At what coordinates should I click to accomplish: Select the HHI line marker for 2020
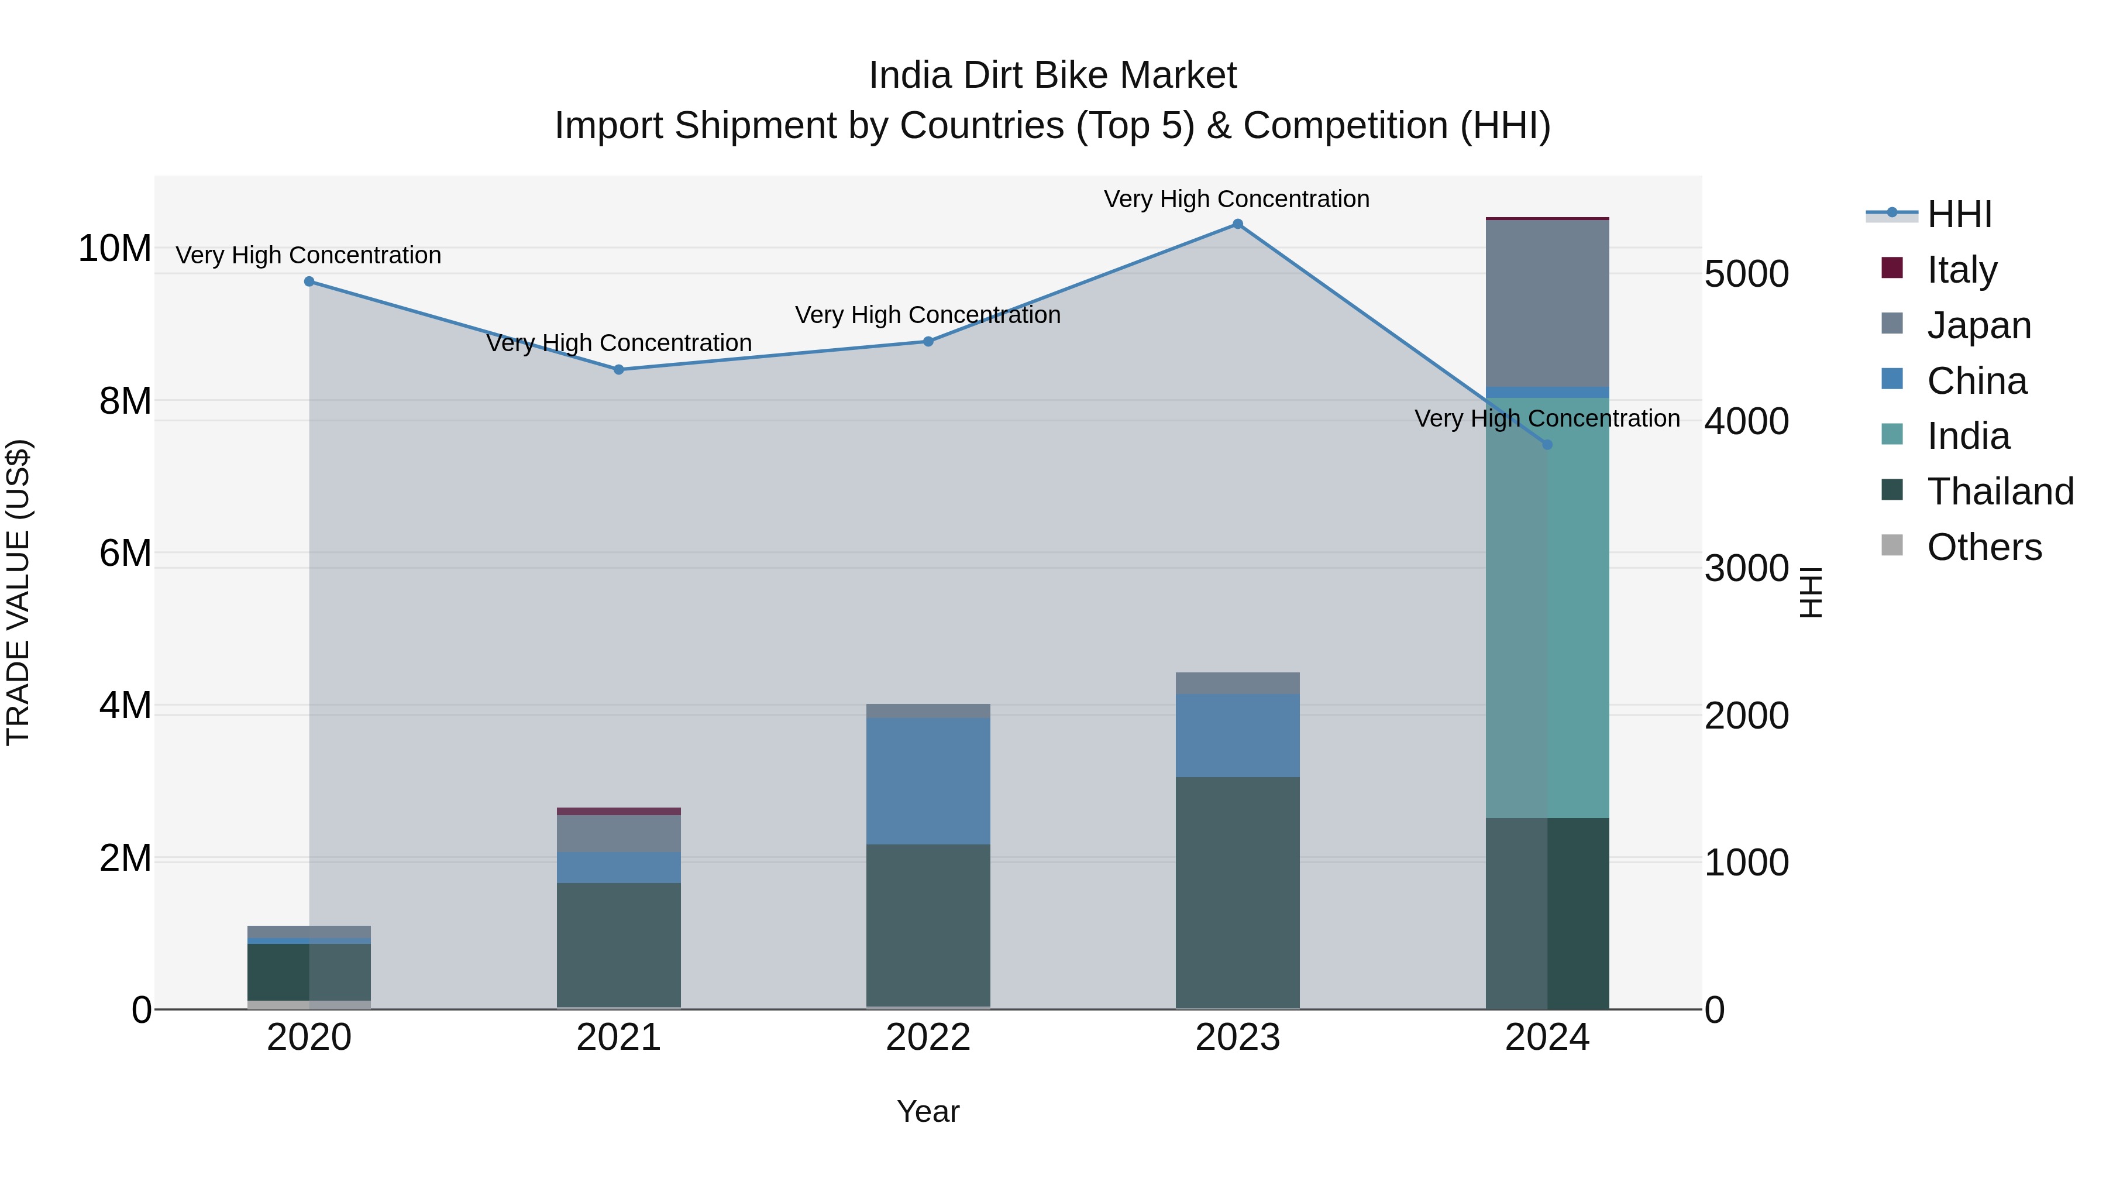pos(309,281)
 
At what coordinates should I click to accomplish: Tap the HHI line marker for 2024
pos(1547,444)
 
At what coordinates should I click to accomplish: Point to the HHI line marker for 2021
pos(619,370)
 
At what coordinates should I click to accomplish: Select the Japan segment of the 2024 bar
pos(1547,303)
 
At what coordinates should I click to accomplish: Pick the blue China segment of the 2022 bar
pos(928,781)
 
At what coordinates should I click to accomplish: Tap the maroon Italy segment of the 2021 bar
pos(619,811)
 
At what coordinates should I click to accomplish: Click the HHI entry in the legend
pos(1959,214)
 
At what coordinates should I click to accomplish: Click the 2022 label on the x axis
pos(928,1038)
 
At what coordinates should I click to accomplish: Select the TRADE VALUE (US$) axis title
pos(18,592)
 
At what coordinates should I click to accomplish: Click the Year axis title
pos(928,1111)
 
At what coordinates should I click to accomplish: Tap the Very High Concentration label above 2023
pos(1236,199)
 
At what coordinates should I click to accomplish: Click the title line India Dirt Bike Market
pos(1052,75)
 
